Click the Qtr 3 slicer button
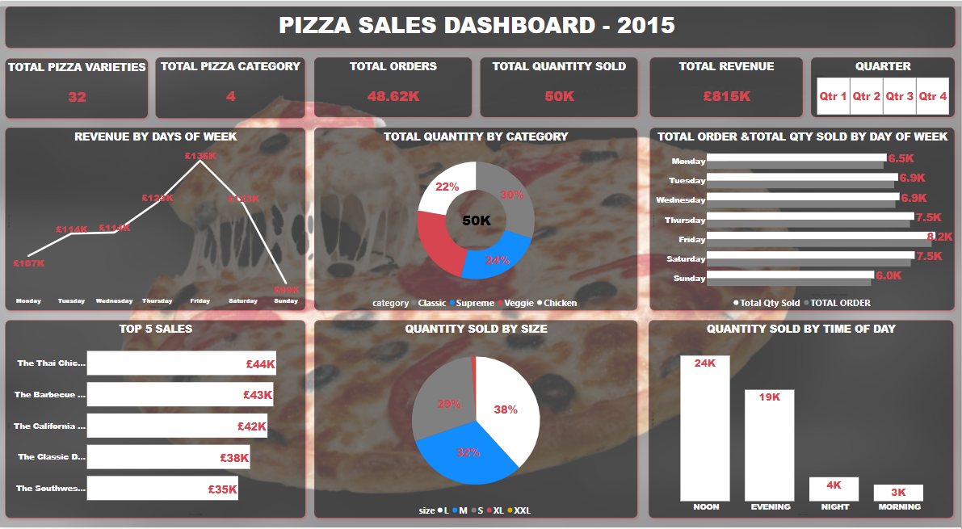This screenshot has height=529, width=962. click(x=899, y=96)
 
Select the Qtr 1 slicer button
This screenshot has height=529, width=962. click(x=833, y=96)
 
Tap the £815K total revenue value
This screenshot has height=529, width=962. click(x=726, y=96)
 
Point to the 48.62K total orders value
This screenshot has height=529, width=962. click(x=393, y=96)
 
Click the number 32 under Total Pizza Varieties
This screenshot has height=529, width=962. click(x=77, y=97)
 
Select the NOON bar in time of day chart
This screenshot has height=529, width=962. click(x=704, y=428)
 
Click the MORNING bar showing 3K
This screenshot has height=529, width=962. click(x=898, y=493)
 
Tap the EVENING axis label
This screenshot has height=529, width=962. click(x=770, y=507)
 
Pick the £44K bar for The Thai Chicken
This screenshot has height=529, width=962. click(x=181, y=363)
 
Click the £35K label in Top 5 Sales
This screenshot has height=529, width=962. click(x=222, y=489)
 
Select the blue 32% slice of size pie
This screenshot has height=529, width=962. click(x=466, y=452)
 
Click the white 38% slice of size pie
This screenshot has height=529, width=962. click(x=507, y=409)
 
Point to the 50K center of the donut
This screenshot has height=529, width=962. click(x=475, y=220)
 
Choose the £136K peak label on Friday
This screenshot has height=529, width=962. click(x=200, y=156)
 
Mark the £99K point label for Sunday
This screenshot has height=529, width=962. click(x=286, y=291)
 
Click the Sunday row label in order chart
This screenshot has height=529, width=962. click(x=689, y=278)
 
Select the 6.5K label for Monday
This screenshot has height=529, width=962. click(x=901, y=159)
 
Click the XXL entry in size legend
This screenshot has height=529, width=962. click(x=521, y=510)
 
